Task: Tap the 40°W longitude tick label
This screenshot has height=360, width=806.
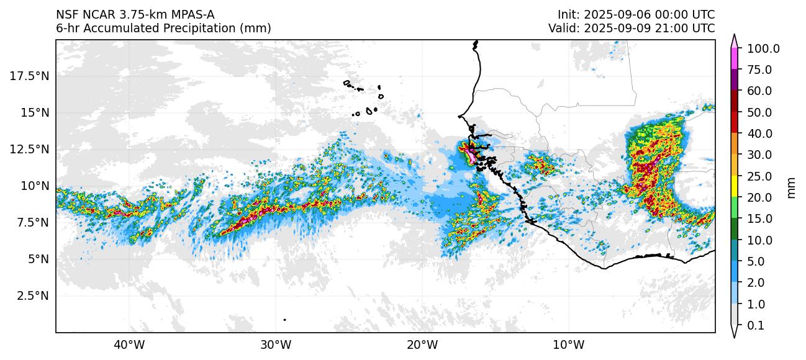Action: pos(129,344)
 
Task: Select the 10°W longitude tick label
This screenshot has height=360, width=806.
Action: pos(568,344)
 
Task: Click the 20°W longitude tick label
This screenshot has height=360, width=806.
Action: pos(422,344)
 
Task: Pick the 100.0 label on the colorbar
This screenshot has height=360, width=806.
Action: pos(763,49)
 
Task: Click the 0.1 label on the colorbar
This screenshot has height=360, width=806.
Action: pos(755,326)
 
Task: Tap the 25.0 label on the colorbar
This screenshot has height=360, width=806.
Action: pos(759,176)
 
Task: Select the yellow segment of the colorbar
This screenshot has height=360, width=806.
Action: pos(734,187)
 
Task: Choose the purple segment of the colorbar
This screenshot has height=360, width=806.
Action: pos(734,80)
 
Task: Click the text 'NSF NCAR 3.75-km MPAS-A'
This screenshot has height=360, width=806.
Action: pos(135,15)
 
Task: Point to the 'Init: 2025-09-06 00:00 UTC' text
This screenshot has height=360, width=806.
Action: pos(636,15)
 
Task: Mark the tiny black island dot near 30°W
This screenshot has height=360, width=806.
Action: pos(284,320)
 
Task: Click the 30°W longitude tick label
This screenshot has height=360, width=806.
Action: pos(276,344)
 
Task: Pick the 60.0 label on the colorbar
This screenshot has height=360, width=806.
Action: pos(759,91)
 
